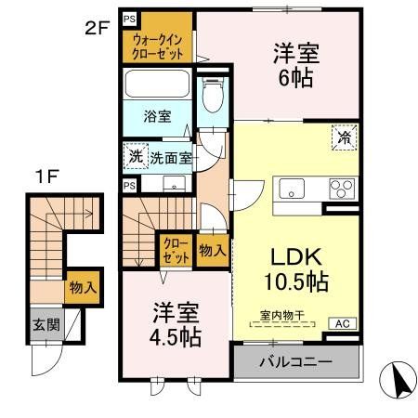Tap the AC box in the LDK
pyautogui.click(x=342, y=323)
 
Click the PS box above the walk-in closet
pyautogui.click(x=128, y=18)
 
